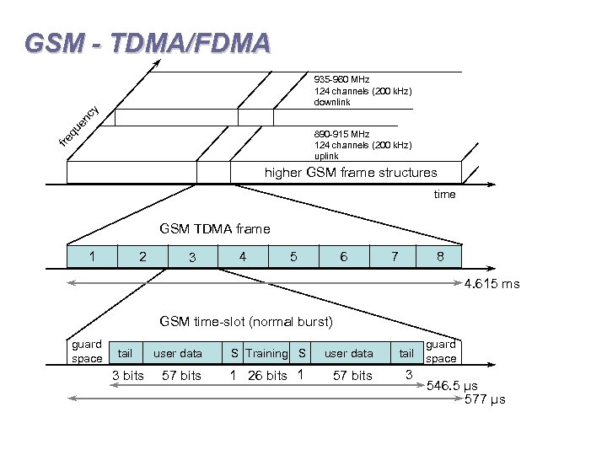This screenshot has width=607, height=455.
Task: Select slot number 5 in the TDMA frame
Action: pyautogui.click(x=293, y=255)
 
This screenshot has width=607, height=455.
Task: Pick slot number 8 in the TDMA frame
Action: pyautogui.click(x=440, y=255)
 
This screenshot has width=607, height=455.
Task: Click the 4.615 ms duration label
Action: pyautogui.click(x=492, y=284)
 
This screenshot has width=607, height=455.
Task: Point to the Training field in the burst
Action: pyautogui.click(x=266, y=353)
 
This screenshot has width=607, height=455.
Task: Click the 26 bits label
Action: pyautogui.click(x=267, y=375)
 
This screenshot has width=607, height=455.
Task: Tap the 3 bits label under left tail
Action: pyautogui.click(x=128, y=375)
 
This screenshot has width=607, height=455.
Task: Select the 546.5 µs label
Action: pyautogui.click(x=453, y=386)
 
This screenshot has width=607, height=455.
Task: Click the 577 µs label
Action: pyautogui.click(x=485, y=399)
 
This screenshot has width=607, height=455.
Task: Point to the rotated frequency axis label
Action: pyautogui.click(x=81, y=125)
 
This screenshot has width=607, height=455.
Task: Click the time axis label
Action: pyautogui.click(x=444, y=195)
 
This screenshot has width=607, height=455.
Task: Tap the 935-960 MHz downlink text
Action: pyautogui.click(x=363, y=91)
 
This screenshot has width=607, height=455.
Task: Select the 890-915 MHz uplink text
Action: pyautogui.click(x=363, y=145)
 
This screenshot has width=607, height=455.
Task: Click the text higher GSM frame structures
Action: pyautogui.click(x=351, y=173)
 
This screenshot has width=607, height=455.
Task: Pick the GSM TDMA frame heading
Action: pyautogui.click(x=215, y=228)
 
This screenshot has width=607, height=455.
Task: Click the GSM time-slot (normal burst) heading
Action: pyautogui.click(x=246, y=321)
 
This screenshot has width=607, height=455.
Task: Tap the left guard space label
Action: pyautogui.click(x=87, y=351)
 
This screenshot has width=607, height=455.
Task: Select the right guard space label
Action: pyautogui.click(x=441, y=351)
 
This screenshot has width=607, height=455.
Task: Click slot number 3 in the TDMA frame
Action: pyautogui.click(x=192, y=257)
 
